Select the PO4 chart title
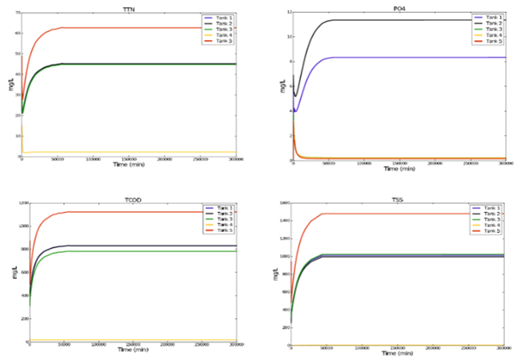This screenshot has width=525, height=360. pyautogui.click(x=399, y=6)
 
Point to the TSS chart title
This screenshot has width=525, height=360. pyautogui.click(x=398, y=195)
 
